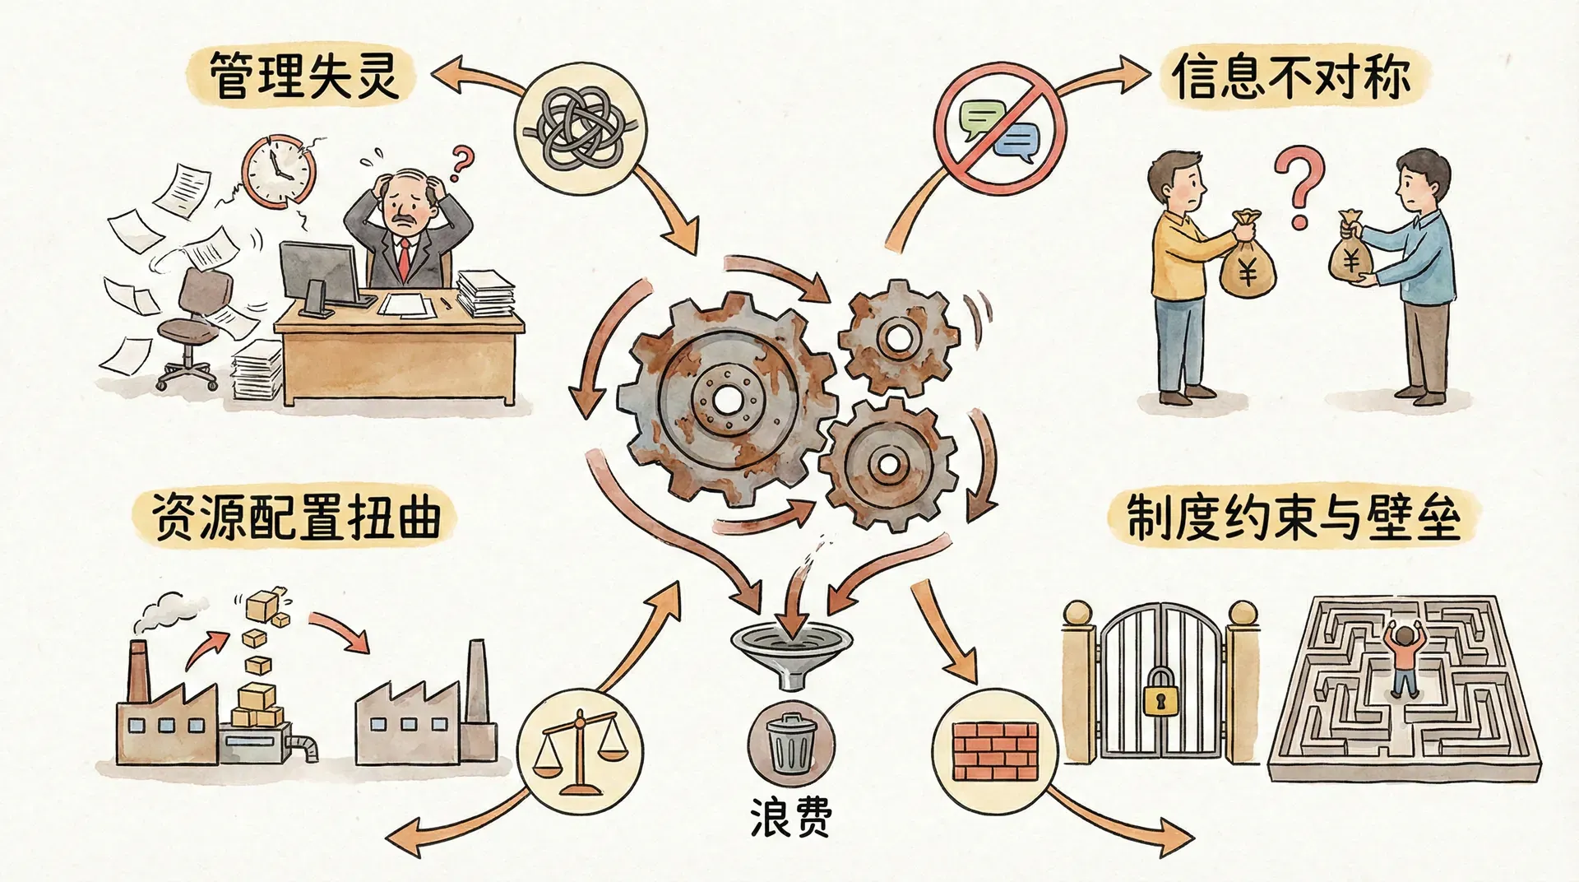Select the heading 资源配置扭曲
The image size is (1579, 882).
(296, 517)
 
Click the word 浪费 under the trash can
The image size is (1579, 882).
(790, 817)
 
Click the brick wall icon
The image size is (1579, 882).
(994, 750)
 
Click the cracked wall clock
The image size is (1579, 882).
(278, 171)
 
